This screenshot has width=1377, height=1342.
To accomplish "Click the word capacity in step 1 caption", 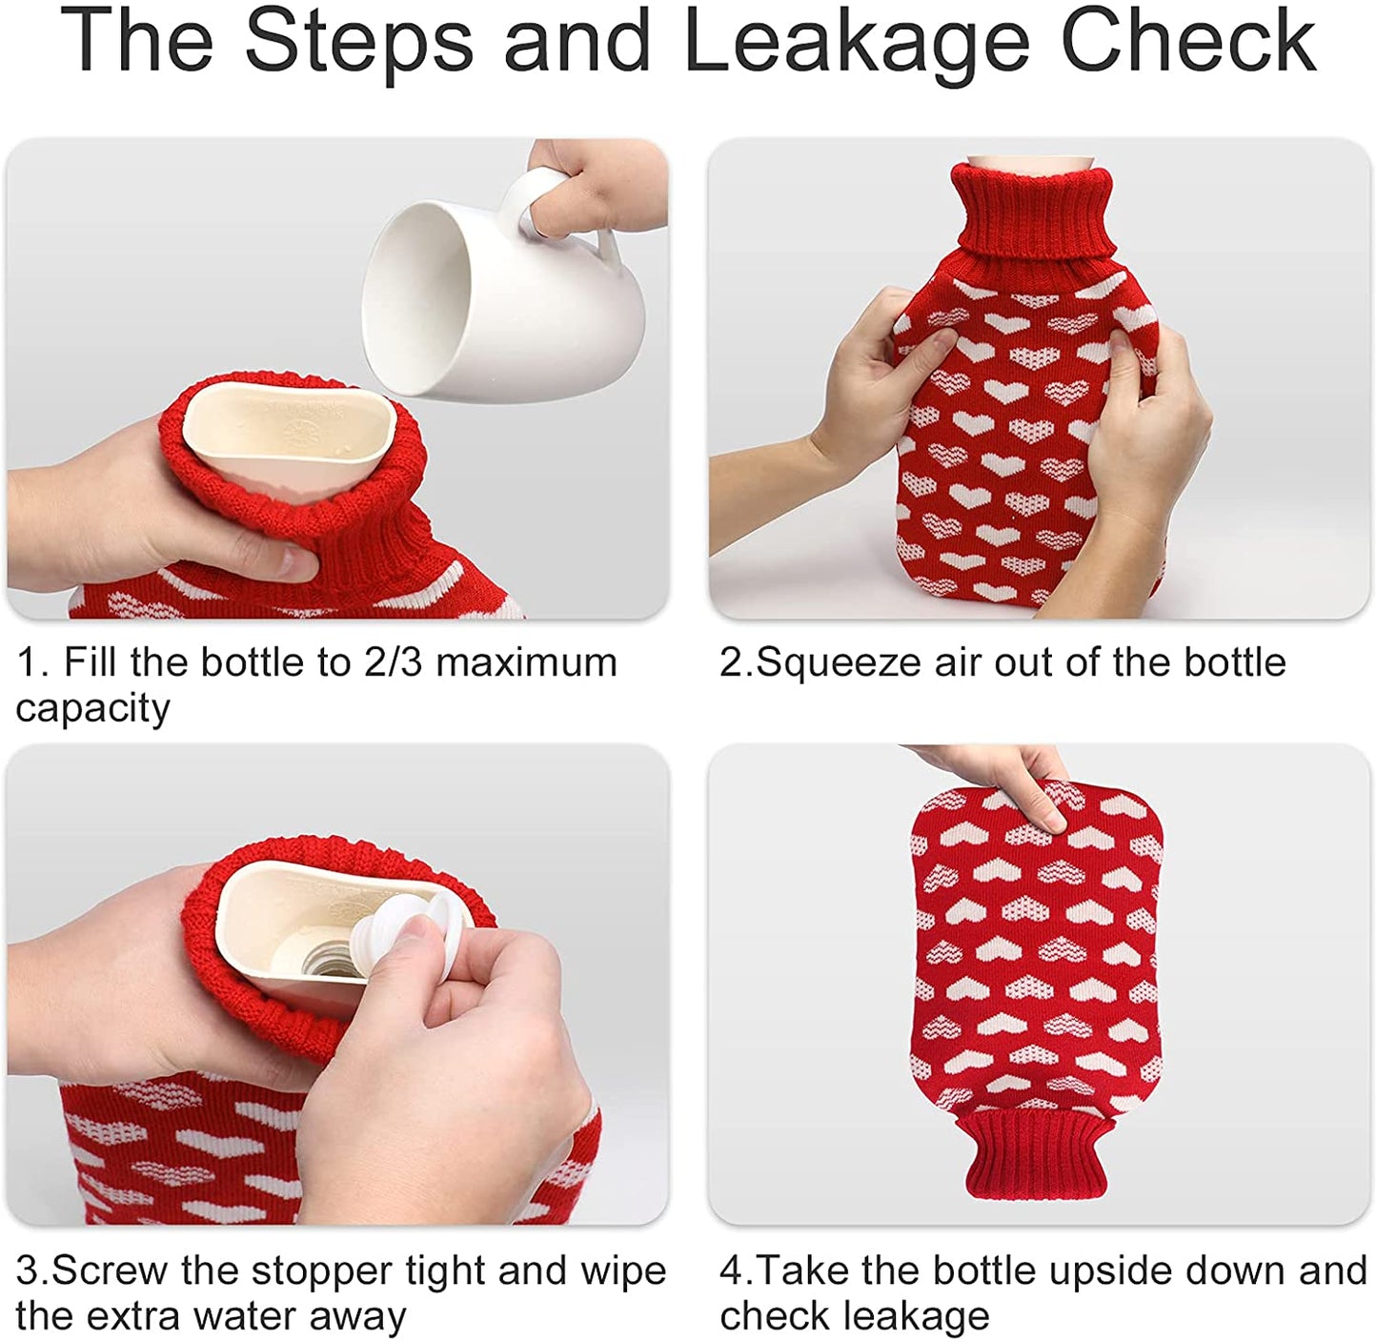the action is [92, 710].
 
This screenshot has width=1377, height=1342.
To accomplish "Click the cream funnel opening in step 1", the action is [290, 438].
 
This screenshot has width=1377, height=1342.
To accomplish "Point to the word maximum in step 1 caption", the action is [526, 663].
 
